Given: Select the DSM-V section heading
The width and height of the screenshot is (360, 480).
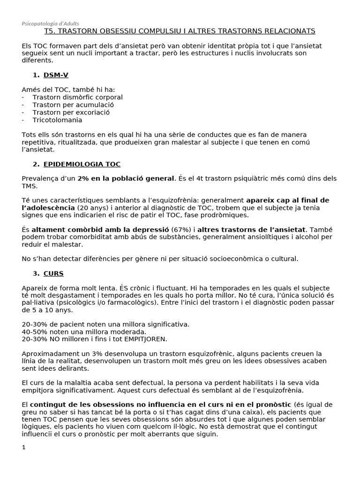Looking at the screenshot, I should (x=56, y=75).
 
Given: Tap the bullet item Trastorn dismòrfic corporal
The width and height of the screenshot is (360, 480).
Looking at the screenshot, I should (x=77, y=97).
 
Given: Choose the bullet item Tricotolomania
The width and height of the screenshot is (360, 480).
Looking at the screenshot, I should (x=58, y=120).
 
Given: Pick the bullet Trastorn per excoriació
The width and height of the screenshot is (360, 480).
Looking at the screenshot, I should (x=71, y=112).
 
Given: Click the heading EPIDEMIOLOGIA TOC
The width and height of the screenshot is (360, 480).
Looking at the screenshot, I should (x=82, y=165).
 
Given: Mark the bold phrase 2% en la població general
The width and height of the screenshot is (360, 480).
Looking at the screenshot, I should (x=126, y=178).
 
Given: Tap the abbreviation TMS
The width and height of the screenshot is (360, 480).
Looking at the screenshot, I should (x=30, y=186).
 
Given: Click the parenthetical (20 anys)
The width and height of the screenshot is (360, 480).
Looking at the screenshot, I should (x=92, y=207).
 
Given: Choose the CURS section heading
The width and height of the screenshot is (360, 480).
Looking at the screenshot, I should (x=53, y=273).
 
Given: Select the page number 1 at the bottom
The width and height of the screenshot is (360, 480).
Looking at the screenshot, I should (x=24, y=448).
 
